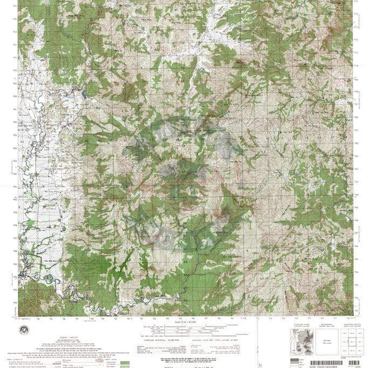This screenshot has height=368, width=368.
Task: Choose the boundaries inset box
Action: click(313, 335)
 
